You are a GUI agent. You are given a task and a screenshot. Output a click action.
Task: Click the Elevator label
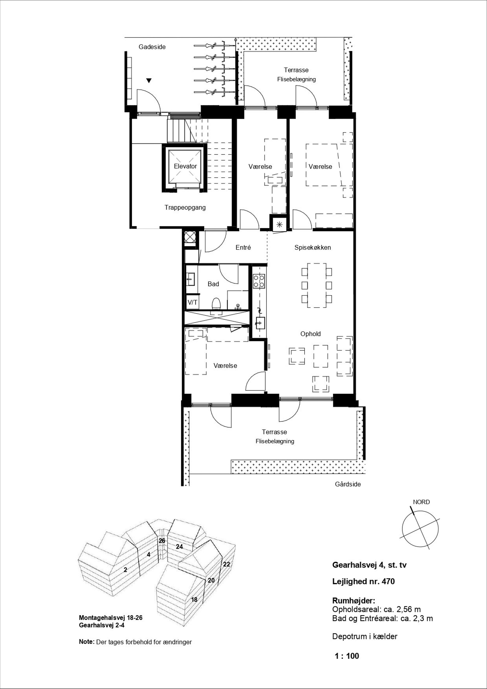185,166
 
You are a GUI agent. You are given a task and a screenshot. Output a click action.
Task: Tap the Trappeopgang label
185,207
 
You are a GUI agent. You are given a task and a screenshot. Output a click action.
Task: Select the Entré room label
243,248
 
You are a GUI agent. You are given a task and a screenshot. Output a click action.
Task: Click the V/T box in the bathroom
192,303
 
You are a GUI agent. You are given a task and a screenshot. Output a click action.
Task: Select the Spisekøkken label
312,248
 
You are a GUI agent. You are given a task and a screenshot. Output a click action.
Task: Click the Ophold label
311,334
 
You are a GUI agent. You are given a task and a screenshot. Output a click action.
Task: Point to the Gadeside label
152,47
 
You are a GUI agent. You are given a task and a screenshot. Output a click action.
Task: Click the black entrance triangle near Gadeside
149,80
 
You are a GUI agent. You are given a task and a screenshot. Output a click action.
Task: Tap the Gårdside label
348,484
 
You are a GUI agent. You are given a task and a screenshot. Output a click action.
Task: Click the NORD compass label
421,502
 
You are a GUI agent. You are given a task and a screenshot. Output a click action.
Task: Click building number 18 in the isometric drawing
194,600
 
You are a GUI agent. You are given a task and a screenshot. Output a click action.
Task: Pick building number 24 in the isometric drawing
179,546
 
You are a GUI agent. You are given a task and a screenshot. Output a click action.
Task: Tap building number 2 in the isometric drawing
125,570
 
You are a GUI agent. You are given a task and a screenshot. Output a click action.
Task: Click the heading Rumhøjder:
354,601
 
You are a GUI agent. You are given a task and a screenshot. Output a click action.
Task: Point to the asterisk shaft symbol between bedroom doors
280,224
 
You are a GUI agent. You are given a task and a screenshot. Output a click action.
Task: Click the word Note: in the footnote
87,642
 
